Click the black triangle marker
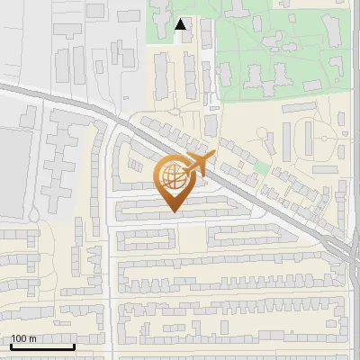point(181,25)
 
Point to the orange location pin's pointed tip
point(175,211)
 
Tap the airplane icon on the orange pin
point(198,165)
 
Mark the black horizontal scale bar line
point(41,347)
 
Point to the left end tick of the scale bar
point(10,346)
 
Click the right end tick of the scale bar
point(74,346)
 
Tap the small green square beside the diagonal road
point(260,167)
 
